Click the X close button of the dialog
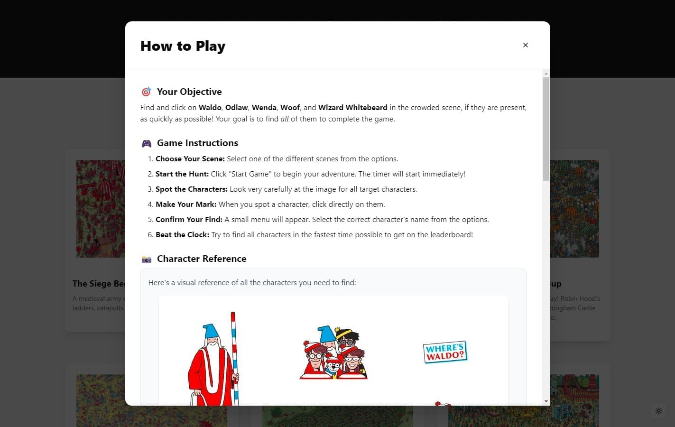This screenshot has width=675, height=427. (525, 45)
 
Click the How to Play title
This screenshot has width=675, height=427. (183, 46)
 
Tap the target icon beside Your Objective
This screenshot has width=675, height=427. (146, 92)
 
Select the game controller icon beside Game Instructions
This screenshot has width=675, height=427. (147, 143)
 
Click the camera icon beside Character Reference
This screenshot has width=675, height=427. (147, 259)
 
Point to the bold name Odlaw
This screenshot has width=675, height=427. (236, 108)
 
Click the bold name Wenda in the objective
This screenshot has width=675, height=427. (264, 108)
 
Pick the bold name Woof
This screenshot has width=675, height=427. (290, 108)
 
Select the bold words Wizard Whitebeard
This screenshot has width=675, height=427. (352, 108)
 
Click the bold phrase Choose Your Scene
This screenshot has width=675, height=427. (190, 159)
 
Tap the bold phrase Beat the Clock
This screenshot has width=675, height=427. (182, 235)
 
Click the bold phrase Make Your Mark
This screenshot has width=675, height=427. (186, 204)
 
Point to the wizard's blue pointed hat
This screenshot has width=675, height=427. (211, 331)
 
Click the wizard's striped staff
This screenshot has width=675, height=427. (234, 356)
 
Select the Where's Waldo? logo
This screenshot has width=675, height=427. (445, 352)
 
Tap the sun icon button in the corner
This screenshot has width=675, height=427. (658, 411)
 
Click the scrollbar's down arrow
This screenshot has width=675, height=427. (546, 401)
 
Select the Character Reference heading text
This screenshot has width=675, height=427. (202, 259)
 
